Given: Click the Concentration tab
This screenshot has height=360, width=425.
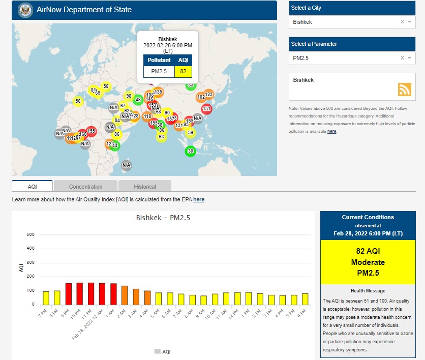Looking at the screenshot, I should [85, 187].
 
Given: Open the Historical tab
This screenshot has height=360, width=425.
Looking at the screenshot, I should [145, 187].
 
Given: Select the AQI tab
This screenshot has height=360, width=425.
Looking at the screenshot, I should [32, 187].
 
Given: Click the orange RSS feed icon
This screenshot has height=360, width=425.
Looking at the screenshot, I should [405, 89].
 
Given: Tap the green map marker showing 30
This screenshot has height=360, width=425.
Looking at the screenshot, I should [190, 151].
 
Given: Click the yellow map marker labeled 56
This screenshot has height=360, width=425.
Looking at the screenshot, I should [78, 101].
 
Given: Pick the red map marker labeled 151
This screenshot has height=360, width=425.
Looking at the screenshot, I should [206, 109].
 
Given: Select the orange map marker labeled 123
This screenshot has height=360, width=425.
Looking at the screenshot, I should [208, 95].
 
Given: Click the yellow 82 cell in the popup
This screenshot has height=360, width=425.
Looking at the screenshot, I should [183, 71].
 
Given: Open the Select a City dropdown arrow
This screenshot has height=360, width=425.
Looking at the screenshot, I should [409, 22].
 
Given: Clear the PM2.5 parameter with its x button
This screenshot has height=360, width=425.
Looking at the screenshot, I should [402, 58].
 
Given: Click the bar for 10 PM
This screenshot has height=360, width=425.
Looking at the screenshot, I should [80, 293].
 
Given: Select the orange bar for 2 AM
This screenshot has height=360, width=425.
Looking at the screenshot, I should [125, 295].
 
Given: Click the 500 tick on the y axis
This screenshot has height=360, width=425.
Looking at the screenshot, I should [30, 234].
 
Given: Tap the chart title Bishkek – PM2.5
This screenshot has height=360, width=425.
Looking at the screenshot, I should [163, 218].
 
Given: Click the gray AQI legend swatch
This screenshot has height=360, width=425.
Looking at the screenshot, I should [157, 351].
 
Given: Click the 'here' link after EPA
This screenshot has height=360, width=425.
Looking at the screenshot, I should [199, 200].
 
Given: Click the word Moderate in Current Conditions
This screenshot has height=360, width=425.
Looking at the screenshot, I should [368, 262].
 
